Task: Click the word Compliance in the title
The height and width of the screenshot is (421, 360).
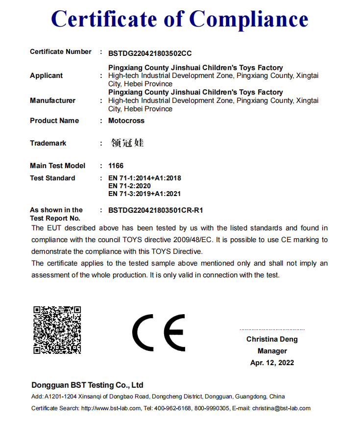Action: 248,19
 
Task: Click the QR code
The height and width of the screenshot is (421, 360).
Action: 57,330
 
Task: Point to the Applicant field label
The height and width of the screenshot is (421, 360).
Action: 47,75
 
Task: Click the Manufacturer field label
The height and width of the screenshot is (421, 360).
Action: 52,100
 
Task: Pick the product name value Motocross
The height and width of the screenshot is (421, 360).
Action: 126,121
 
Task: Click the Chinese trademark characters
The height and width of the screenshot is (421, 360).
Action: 127,143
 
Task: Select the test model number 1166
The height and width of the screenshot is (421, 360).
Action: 116,166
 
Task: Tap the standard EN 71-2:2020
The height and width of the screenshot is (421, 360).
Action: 129,186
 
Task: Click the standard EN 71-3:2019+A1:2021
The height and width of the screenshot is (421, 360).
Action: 144,194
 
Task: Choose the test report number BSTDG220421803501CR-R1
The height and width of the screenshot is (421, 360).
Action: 155,210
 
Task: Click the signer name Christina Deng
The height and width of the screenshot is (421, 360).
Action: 272,339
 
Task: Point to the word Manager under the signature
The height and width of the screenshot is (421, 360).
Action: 272,351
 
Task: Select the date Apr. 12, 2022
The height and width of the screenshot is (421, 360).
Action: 272,363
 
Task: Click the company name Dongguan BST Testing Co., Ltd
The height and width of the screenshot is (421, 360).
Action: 87,385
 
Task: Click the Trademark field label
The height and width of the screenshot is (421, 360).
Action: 48,143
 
